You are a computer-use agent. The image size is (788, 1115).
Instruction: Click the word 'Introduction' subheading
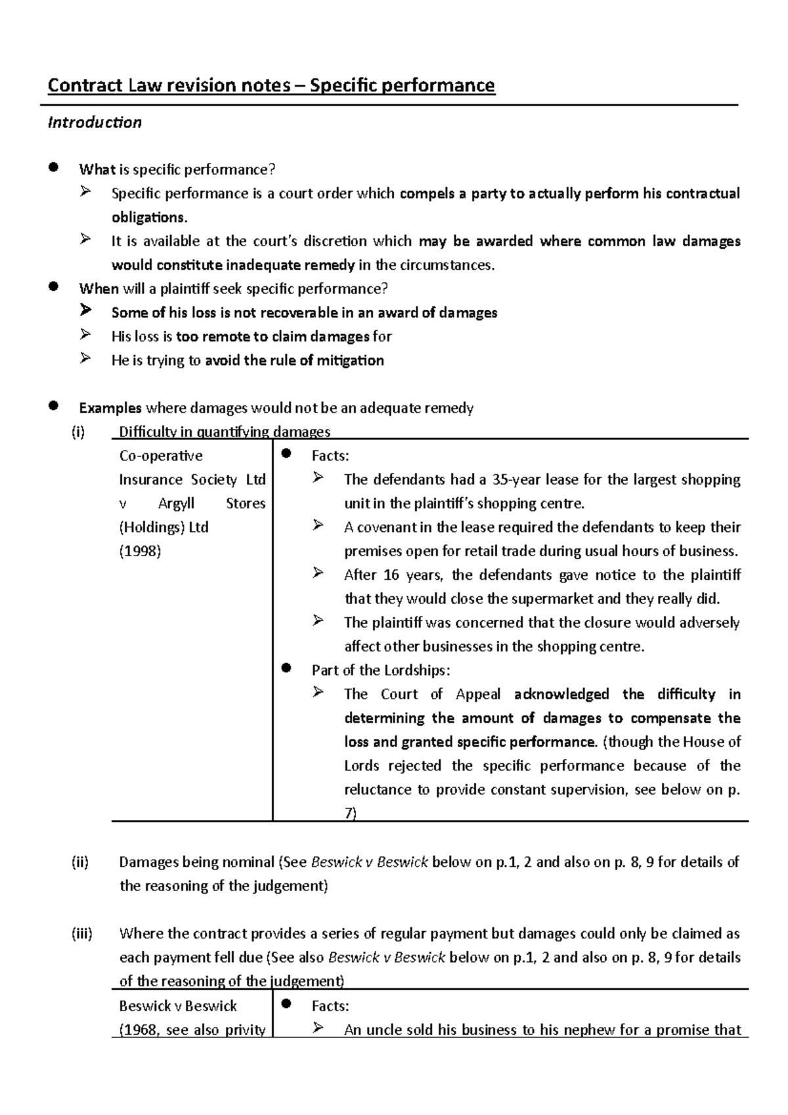pos(95,123)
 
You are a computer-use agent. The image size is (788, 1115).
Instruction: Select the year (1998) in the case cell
pos(140,551)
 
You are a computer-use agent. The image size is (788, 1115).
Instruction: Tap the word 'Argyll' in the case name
pos(176,504)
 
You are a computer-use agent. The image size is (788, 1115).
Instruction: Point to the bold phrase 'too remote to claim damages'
pos(273,337)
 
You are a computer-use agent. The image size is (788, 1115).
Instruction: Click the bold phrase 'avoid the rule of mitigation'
pos(294,361)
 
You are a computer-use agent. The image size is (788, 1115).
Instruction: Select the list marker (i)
pos(79,432)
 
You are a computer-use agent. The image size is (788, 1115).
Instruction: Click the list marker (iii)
pos(81,934)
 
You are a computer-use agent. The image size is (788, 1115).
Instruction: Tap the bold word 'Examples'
pos(110,408)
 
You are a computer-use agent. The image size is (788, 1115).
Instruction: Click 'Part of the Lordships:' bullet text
pos(381,670)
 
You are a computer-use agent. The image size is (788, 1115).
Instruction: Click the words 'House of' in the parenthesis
pos(712,742)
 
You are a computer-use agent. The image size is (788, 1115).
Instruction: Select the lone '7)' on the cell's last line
pos(351,813)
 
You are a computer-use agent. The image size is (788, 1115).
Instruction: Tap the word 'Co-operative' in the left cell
pos(160,456)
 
